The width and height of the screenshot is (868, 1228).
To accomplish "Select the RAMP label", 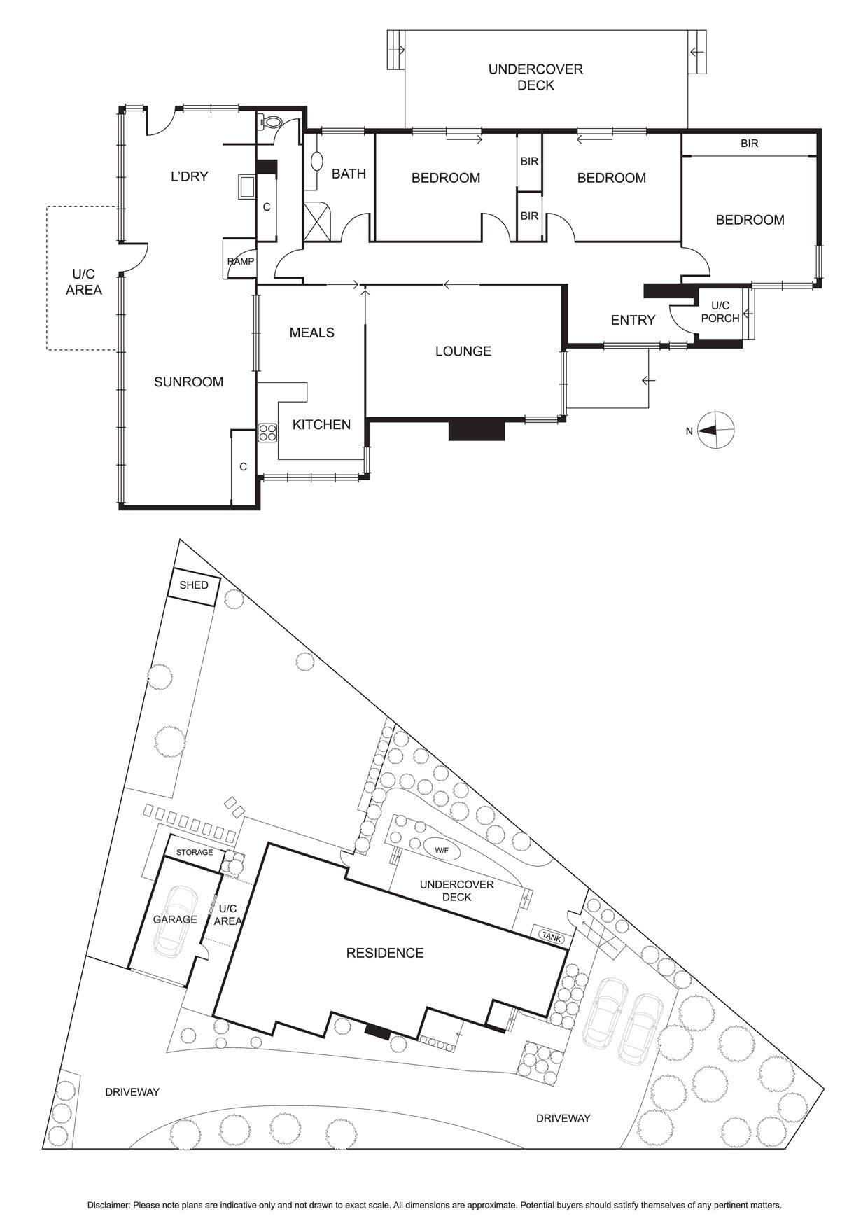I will (x=241, y=262).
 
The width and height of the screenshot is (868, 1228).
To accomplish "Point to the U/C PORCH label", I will (x=720, y=312).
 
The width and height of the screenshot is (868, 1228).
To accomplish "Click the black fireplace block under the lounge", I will (x=476, y=430).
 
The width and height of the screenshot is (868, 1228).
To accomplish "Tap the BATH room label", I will (x=349, y=174).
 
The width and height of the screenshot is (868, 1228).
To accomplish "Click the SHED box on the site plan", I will (x=194, y=585).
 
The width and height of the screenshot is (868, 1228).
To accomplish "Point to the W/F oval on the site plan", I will (x=441, y=850).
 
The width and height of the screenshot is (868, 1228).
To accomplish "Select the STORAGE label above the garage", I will (x=194, y=853).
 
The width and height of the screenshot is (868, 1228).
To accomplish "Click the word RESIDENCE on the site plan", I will (x=385, y=953).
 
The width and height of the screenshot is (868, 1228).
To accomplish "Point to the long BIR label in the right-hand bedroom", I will (x=749, y=144).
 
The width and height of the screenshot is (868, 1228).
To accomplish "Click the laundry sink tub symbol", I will (x=246, y=187).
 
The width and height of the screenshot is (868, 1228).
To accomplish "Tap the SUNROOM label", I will (x=188, y=382).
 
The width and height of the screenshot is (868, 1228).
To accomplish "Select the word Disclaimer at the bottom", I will (x=108, y=1206).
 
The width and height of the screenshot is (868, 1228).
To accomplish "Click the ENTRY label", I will (x=633, y=320).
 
